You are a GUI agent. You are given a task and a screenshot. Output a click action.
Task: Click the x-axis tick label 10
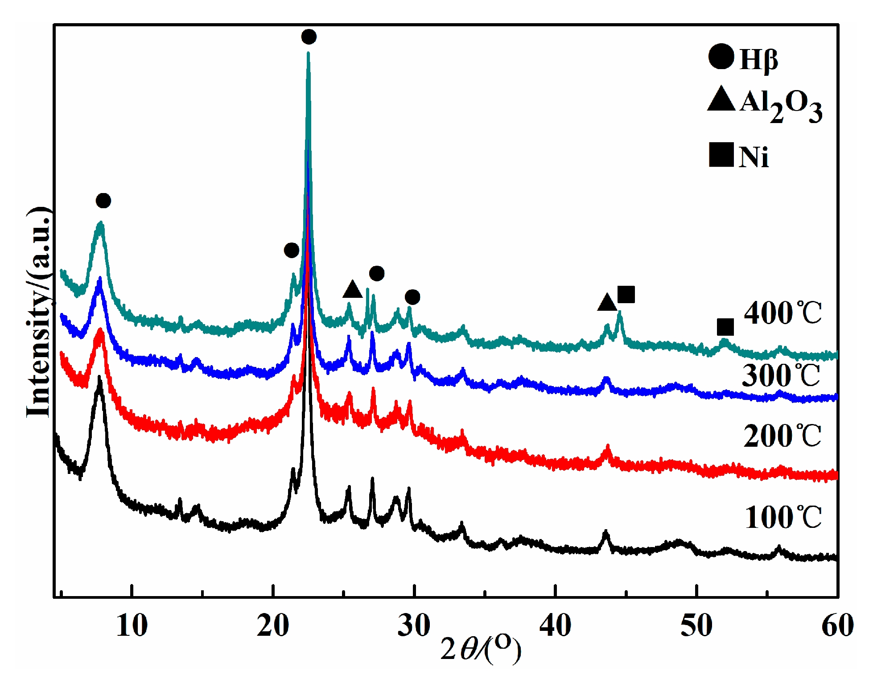click(132, 626)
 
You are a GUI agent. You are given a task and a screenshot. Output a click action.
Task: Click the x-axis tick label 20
click(272, 626)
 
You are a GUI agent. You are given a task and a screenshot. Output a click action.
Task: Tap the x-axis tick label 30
click(414, 626)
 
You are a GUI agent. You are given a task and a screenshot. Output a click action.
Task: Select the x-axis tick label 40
click(555, 626)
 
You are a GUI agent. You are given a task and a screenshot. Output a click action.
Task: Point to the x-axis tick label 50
click(696, 626)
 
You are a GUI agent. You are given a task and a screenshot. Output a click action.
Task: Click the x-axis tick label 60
click(837, 626)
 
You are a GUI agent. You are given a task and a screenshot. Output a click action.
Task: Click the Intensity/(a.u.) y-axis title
click(39, 312)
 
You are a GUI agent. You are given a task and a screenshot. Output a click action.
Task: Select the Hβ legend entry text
click(759, 59)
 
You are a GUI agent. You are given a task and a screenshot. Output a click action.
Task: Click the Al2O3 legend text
click(781, 105)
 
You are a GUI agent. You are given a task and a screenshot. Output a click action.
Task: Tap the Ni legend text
click(754, 157)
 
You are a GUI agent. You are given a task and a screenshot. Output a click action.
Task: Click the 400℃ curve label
click(783, 313)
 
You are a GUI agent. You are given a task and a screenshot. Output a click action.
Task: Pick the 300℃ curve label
click(781, 375)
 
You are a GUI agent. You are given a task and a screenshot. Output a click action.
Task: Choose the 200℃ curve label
click(782, 436)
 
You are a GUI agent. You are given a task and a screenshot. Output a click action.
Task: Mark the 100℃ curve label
click(783, 518)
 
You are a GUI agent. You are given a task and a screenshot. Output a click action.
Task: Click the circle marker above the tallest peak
click(309, 37)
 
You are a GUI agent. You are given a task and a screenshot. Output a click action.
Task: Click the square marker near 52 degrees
click(725, 327)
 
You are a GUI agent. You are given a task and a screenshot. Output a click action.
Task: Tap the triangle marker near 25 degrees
click(352, 290)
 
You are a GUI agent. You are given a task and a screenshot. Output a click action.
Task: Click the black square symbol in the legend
click(721, 155)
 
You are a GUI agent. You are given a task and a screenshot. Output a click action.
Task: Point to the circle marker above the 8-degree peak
click(103, 201)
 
